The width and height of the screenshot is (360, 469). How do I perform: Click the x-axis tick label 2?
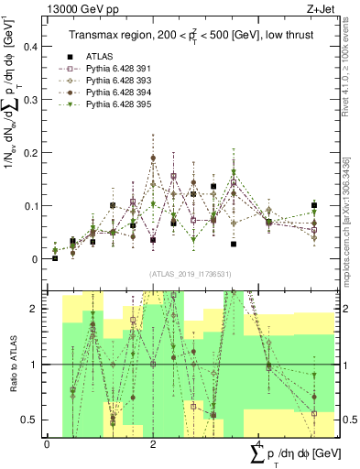pyautogui.click(x=152, y=444)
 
